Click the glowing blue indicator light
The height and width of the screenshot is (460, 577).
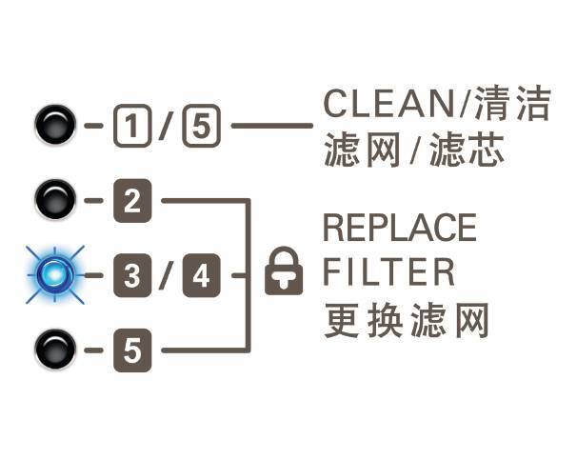(x=54, y=275)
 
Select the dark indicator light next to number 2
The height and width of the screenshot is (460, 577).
(x=54, y=201)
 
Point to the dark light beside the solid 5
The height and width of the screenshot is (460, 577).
(x=54, y=350)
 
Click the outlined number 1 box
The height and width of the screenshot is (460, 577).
(x=129, y=126)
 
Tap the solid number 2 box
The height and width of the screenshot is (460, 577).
(x=129, y=201)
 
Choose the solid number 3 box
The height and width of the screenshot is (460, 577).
(x=129, y=276)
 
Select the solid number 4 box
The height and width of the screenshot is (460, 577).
(x=200, y=276)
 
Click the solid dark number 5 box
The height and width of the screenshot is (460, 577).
(x=129, y=350)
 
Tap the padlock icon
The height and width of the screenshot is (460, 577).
(x=284, y=272)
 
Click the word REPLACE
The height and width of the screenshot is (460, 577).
(x=399, y=229)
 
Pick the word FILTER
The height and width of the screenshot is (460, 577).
(x=388, y=273)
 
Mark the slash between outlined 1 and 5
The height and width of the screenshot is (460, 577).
(x=165, y=126)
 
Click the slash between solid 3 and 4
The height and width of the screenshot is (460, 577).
(x=165, y=276)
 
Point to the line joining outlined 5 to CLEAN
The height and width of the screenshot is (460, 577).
(x=271, y=126)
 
